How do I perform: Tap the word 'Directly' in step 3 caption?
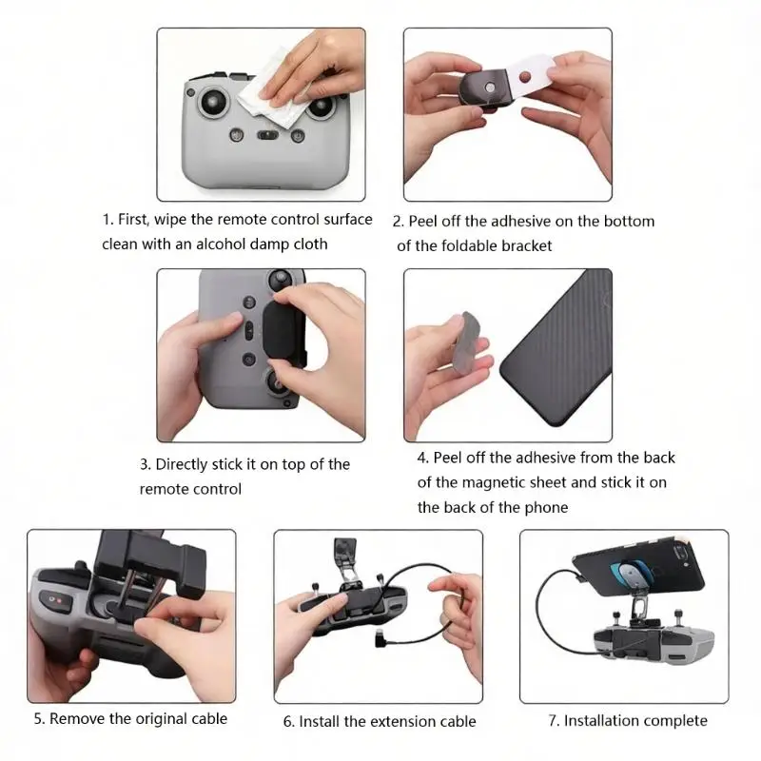point(182,465)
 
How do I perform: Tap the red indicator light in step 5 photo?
point(60,601)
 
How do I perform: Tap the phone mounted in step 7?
point(638,568)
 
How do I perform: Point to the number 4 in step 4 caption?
point(421,459)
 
